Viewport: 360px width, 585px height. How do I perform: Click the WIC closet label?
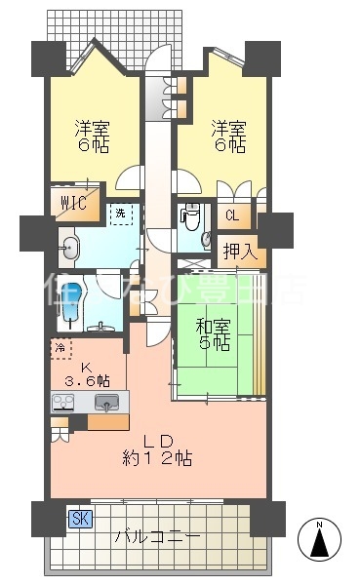pos(74,203)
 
